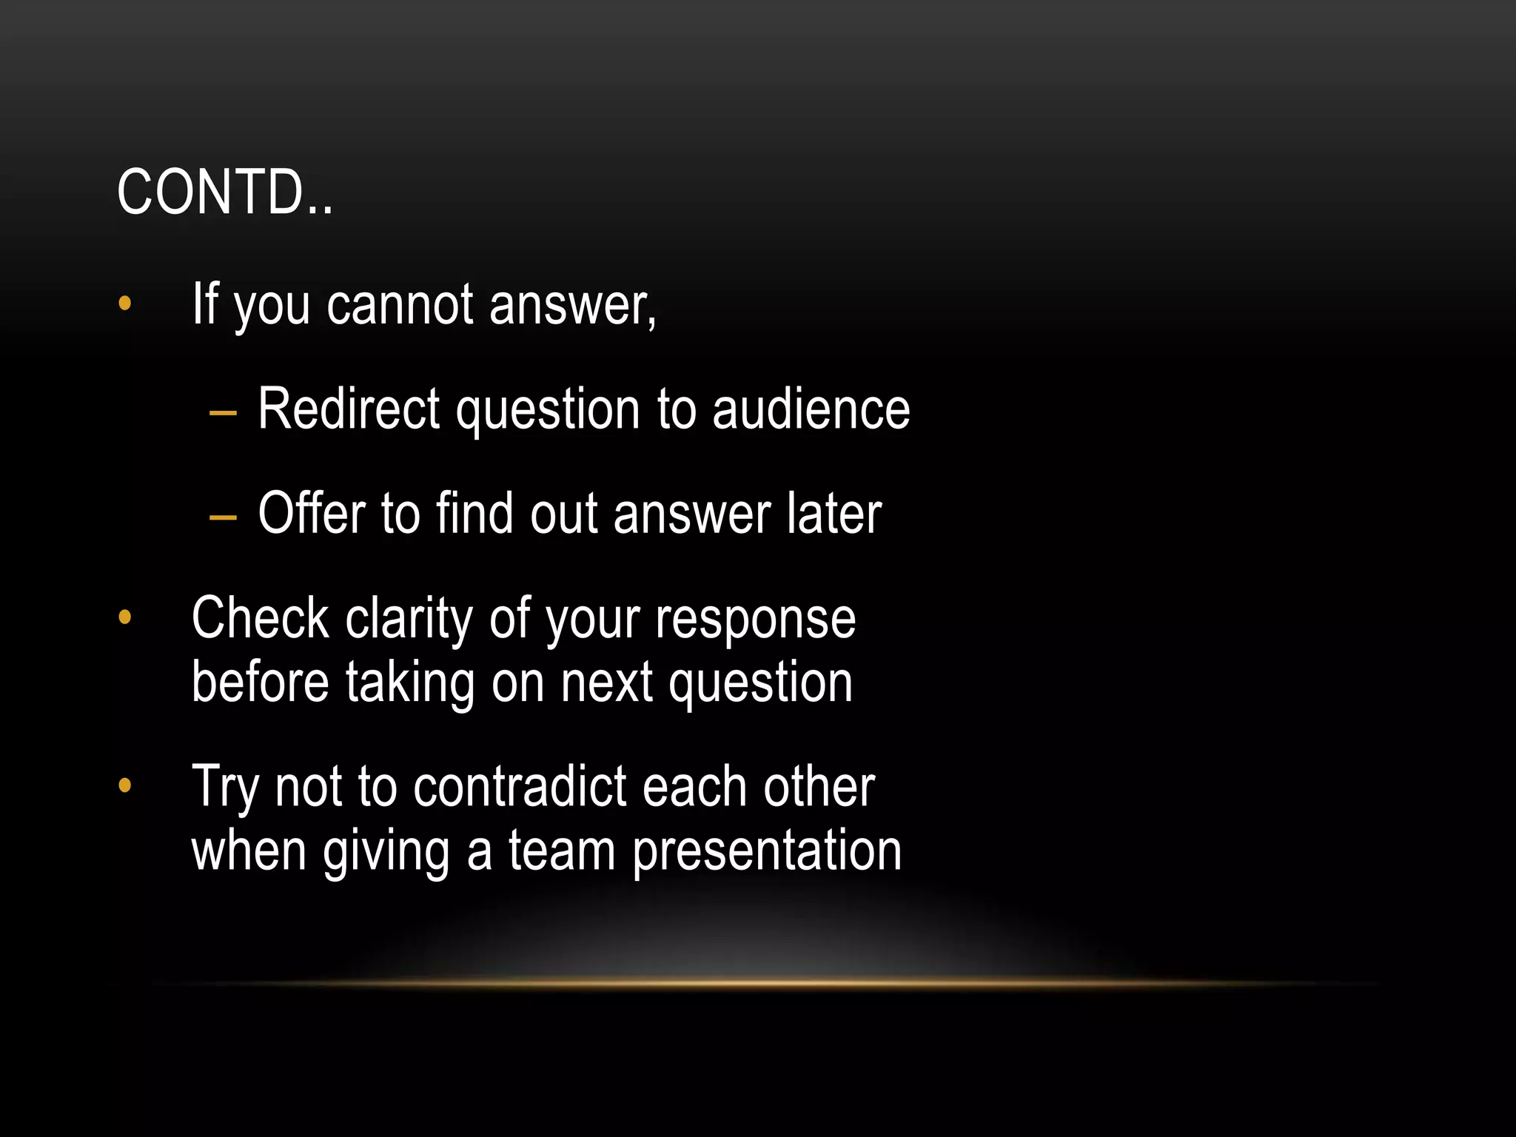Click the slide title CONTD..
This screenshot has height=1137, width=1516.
click(x=225, y=192)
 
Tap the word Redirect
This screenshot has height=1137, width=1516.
click(x=349, y=409)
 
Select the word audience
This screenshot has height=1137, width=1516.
click(x=811, y=409)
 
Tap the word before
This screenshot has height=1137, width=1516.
click(x=260, y=682)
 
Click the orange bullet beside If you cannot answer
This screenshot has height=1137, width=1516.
click(x=124, y=303)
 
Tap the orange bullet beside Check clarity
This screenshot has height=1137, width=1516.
click(x=124, y=617)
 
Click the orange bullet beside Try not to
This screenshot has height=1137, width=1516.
click(x=124, y=785)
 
